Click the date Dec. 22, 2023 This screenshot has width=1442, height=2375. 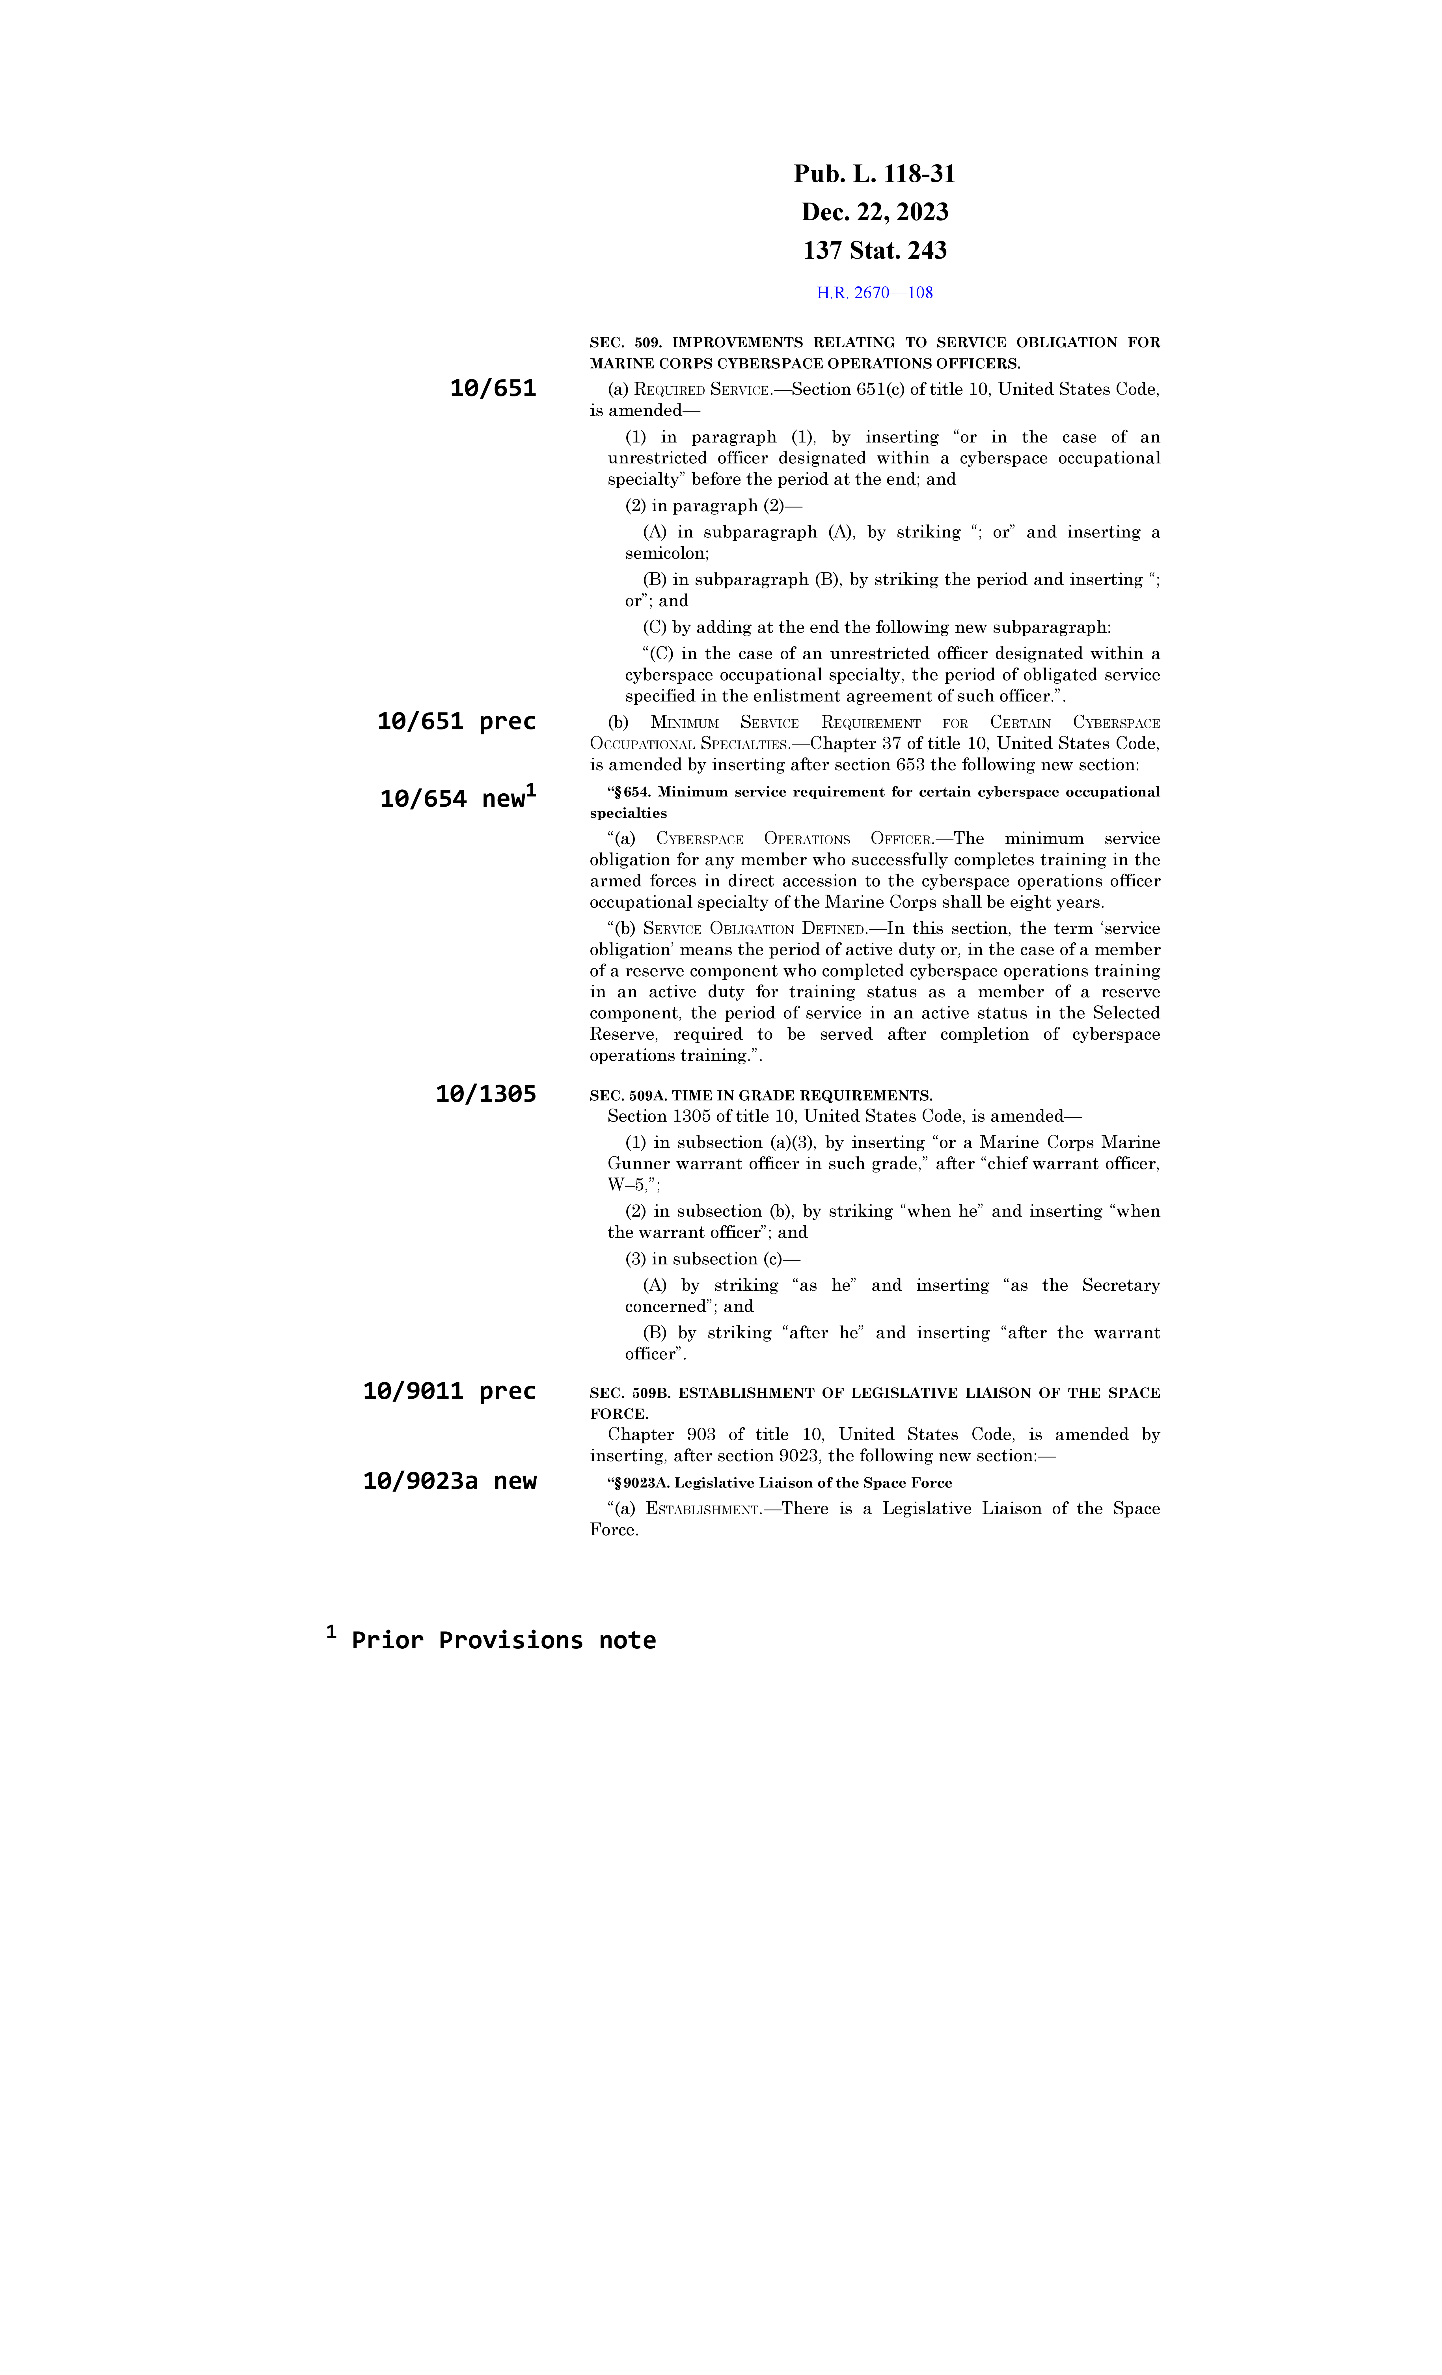[x=874, y=212]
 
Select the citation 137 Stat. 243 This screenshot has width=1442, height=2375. [x=874, y=251]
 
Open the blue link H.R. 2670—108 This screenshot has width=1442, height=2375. [x=874, y=293]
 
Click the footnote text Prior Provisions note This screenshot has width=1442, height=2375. [x=503, y=1640]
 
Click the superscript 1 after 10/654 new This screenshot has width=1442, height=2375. [x=531, y=790]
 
